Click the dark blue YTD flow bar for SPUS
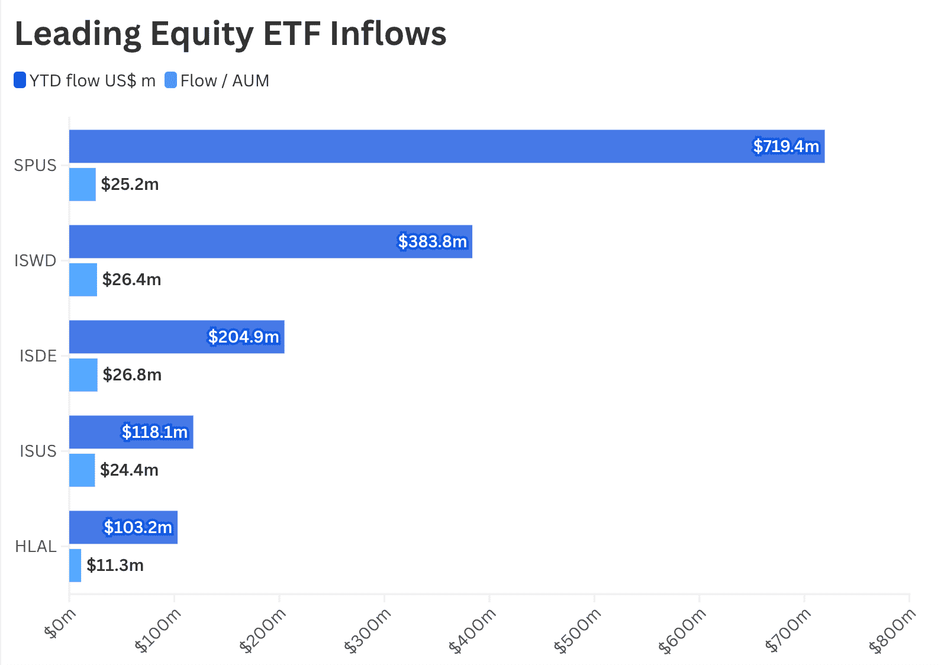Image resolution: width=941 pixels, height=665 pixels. point(447,146)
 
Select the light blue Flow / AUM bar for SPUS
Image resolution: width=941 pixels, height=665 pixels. point(82,185)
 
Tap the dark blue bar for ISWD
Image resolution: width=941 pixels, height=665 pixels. point(270,241)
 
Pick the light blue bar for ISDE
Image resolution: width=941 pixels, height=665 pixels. point(83,375)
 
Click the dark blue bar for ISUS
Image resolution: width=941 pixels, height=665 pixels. point(131,432)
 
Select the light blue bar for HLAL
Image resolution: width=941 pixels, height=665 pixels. point(75,566)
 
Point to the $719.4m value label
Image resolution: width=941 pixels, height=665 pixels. point(786,146)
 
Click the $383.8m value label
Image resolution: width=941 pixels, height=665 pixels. point(433,241)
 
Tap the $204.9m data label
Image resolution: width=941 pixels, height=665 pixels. point(244,337)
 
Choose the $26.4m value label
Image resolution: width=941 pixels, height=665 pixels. point(131,279)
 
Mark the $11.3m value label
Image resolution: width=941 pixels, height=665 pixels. point(115,565)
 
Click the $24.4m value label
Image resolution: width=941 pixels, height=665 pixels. point(130,470)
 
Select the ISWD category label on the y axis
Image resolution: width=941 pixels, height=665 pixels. point(36,260)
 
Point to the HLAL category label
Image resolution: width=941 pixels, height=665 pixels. point(36,546)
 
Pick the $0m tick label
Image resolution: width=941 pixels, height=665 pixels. point(60,624)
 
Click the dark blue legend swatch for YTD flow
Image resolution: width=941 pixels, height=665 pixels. point(20,80)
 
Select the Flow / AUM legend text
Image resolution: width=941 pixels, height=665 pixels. point(225,80)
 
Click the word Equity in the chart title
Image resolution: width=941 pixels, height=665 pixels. point(202,34)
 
